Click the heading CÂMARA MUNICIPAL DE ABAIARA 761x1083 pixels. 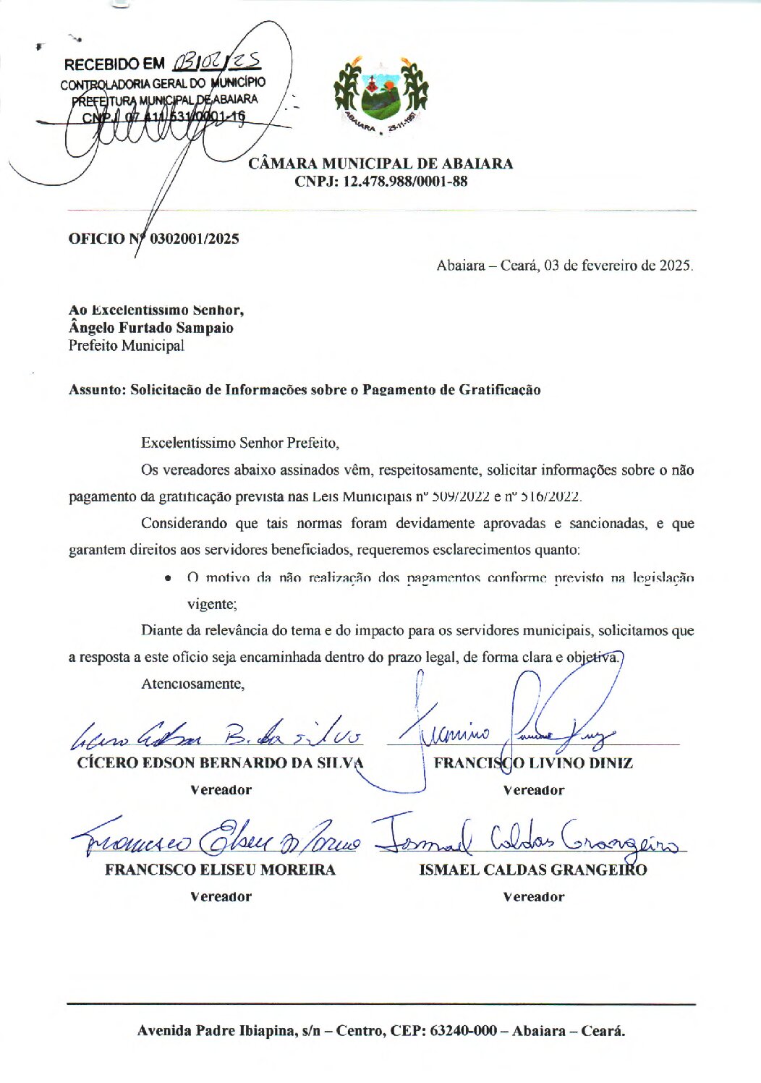click(x=380, y=163)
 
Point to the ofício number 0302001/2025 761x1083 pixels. click(x=194, y=239)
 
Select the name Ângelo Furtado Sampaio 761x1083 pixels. click(x=151, y=328)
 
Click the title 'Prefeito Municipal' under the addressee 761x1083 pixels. click(x=127, y=346)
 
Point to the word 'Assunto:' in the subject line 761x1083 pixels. click(x=97, y=390)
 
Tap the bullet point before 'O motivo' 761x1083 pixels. click(x=168, y=578)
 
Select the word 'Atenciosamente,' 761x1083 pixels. click(x=192, y=684)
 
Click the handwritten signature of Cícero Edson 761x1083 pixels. click(x=217, y=735)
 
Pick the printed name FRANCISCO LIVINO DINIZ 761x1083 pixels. click(x=533, y=763)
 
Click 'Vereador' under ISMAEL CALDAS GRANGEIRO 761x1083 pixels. click(x=533, y=897)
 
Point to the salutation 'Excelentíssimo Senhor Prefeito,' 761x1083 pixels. click(x=239, y=443)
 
